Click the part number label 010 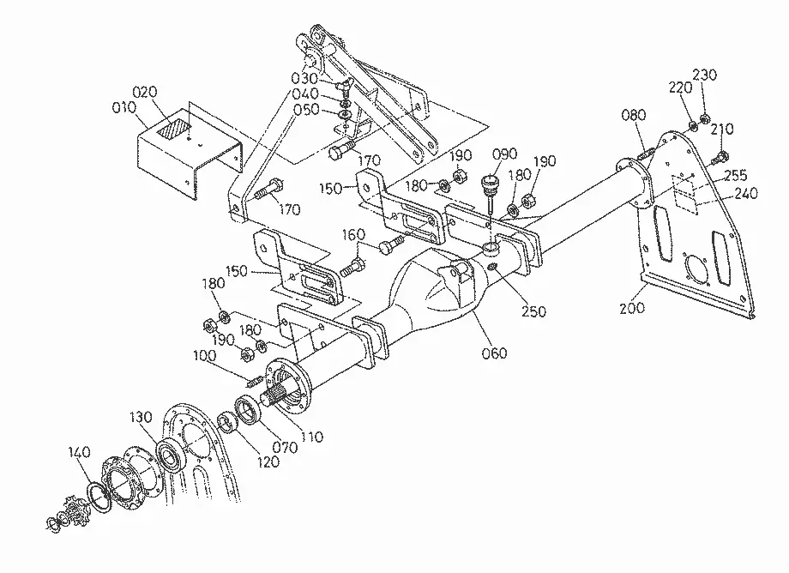pos(123,108)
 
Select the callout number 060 pos(494,353)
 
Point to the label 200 pos(631,307)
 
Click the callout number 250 pos(533,311)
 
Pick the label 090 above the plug pos(504,154)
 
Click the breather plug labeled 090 pos(490,186)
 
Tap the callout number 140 pos(80,452)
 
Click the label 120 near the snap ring pos(268,461)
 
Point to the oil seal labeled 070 pos(248,410)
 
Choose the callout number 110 pos(311,437)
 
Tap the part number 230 pos(704,75)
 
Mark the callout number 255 pos(736,176)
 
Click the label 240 pos(746,193)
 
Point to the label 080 pos(634,115)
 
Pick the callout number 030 pos(304,78)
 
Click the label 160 pos(353,235)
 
